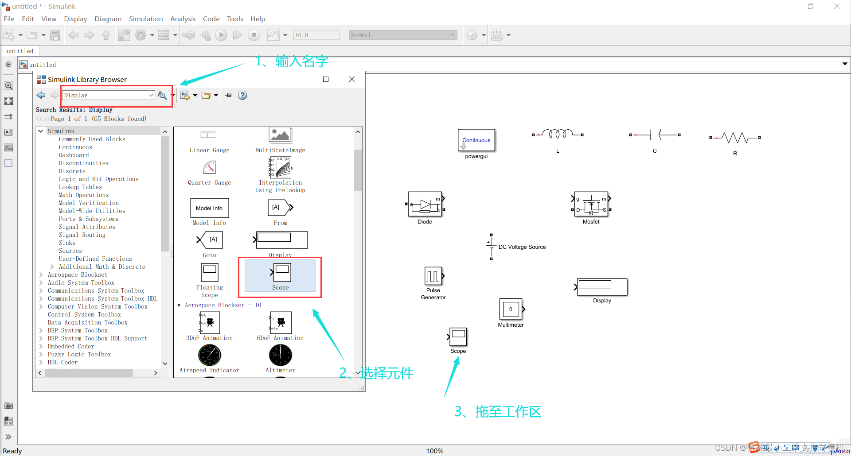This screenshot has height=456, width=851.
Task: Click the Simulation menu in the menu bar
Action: click(x=146, y=19)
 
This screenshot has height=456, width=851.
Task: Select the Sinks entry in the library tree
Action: click(x=67, y=243)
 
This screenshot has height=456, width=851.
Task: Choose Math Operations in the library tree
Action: click(x=83, y=195)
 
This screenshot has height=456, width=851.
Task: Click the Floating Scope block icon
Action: click(x=210, y=273)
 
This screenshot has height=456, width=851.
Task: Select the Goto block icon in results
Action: click(x=210, y=240)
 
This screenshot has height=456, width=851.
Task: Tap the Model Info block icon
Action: click(x=209, y=208)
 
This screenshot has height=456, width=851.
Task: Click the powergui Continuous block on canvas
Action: click(x=476, y=140)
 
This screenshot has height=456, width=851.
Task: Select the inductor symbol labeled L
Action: click(x=558, y=134)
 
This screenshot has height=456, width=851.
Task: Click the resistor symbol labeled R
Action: click(x=735, y=138)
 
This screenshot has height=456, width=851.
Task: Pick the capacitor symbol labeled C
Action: click(x=655, y=135)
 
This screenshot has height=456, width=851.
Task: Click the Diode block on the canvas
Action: click(x=425, y=205)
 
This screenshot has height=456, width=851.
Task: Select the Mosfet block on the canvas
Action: click(x=591, y=205)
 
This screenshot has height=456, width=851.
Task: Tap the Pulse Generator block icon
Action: click(x=433, y=276)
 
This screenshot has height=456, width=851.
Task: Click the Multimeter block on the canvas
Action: click(x=511, y=309)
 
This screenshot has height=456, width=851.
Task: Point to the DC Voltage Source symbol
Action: click(x=491, y=247)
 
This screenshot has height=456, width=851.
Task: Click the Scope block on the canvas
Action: click(x=458, y=337)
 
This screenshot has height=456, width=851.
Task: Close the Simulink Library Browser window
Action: click(x=352, y=79)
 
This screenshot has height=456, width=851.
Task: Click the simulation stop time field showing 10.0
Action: click(x=316, y=35)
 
